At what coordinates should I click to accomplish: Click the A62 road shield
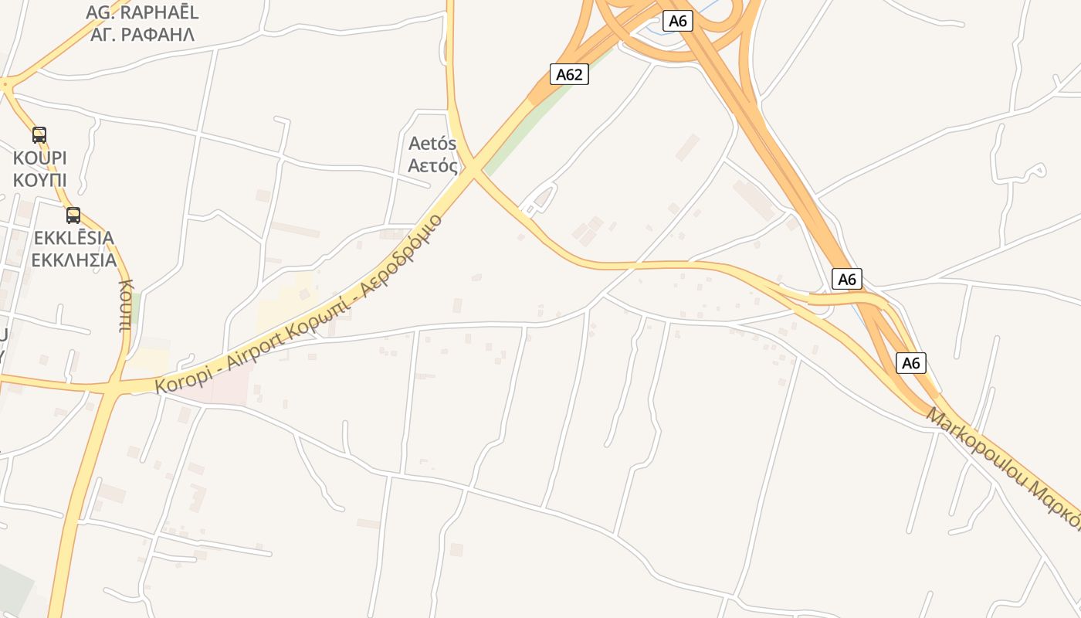click(569, 74)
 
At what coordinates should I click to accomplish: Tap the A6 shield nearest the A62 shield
click(677, 21)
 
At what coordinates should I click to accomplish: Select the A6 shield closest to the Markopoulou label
click(910, 362)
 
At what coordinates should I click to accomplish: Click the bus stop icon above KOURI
click(39, 135)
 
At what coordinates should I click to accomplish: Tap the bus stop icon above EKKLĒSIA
click(73, 216)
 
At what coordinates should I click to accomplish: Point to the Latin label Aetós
click(432, 144)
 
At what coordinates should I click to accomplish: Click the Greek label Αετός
click(432, 165)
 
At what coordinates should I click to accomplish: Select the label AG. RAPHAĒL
click(142, 12)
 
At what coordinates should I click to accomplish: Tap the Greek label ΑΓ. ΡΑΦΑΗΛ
click(142, 34)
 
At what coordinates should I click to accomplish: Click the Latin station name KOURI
click(39, 158)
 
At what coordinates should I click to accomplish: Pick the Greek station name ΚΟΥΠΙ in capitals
click(39, 180)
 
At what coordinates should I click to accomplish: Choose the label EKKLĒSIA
click(73, 238)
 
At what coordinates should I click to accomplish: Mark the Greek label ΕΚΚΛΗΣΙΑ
click(73, 260)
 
